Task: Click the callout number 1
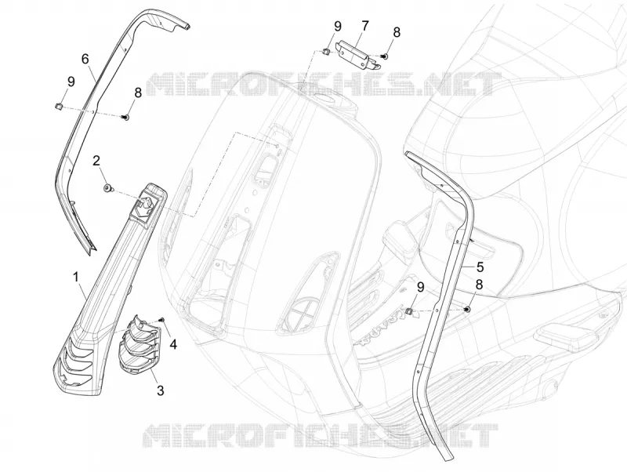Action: pos(75,277)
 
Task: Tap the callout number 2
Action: pos(96,161)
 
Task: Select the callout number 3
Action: pos(160,390)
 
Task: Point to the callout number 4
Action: pos(172,344)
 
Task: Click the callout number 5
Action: pos(480,267)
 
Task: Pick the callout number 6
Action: pos(85,60)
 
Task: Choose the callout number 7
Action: pos(364,27)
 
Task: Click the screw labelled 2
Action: pos(107,188)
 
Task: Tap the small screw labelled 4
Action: pos(162,319)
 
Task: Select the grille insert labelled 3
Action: pos(138,344)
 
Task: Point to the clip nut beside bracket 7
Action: pos(325,51)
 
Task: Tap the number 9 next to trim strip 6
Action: pos(71,82)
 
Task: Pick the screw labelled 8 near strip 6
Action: pos(125,117)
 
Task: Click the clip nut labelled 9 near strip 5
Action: pos(408,310)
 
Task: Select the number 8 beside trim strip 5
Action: pos(479,285)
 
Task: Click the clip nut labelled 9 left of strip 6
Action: pos(57,106)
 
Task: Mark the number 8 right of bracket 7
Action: pos(397,33)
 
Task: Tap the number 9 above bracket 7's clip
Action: pos(338,27)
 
